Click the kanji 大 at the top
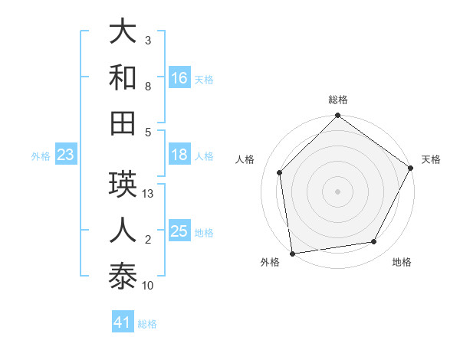(x=123, y=31)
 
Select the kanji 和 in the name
(x=123, y=77)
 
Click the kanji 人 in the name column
(x=123, y=229)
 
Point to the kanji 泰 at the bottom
(x=123, y=275)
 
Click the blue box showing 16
(x=179, y=77)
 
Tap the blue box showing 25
(x=179, y=231)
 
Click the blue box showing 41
(x=123, y=322)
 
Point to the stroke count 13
(x=148, y=194)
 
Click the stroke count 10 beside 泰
(x=148, y=286)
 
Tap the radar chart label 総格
(x=337, y=100)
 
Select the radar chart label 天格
(x=432, y=159)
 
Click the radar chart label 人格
(x=245, y=159)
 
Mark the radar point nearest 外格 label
(x=292, y=254)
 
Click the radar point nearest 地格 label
(x=374, y=242)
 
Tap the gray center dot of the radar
(x=337, y=191)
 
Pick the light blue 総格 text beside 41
(x=147, y=324)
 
